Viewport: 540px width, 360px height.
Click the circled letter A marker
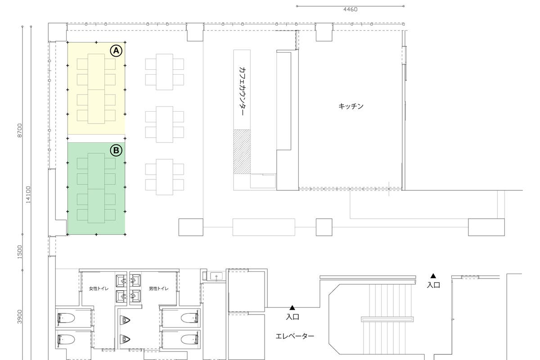click(x=116, y=51)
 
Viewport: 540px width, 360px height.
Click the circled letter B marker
click(x=116, y=150)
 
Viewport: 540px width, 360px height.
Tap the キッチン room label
click(x=351, y=106)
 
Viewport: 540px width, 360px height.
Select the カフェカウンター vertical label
click(x=242, y=91)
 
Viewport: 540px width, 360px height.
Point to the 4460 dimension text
click(x=350, y=9)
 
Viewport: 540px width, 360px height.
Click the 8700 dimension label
click(x=20, y=130)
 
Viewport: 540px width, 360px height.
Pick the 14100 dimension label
click(x=28, y=194)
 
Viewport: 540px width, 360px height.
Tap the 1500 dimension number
click(x=20, y=252)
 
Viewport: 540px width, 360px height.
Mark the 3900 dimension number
click(x=20, y=317)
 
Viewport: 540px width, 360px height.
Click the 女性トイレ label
click(x=99, y=288)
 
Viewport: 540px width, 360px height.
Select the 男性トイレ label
click(x=158, y=288)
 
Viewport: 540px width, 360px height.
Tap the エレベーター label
click(x=295, y=336)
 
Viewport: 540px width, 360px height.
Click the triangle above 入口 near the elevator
click(x=292, y=308)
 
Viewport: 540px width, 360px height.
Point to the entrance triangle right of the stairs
click(x=433, y=276)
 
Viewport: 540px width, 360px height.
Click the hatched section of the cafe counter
click(x=242, y=152)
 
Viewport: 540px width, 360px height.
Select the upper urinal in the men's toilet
click(x=125, y=320)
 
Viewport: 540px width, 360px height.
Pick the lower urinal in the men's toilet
click(x=125, y=339)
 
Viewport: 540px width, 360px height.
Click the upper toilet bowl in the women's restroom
click(x=66, y=318)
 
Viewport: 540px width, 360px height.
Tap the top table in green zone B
click(x=96, y=171)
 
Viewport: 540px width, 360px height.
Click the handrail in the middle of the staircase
click(x=387, y=319)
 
